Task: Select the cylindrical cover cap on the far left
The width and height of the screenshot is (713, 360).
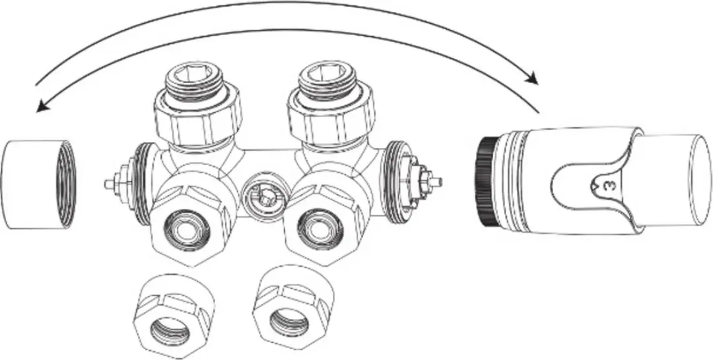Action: (x=38, y=184)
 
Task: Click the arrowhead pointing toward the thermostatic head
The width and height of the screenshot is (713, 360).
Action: (x=530, y=79)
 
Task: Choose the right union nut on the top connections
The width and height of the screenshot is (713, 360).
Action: (x=331, y=118)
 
